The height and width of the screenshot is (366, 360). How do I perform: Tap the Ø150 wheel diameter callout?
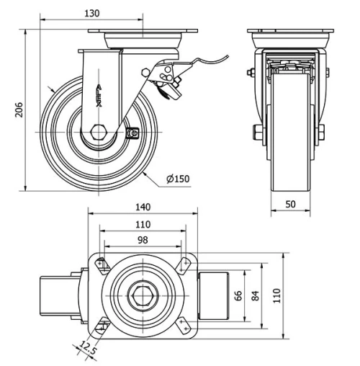177,179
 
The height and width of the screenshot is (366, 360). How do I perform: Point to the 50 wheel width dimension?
291,205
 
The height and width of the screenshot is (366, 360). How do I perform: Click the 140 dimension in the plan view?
142,206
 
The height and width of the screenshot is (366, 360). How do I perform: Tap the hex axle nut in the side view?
100,134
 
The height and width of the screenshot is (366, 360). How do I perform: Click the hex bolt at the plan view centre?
142,295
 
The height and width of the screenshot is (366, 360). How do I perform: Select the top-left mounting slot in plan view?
100,264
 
